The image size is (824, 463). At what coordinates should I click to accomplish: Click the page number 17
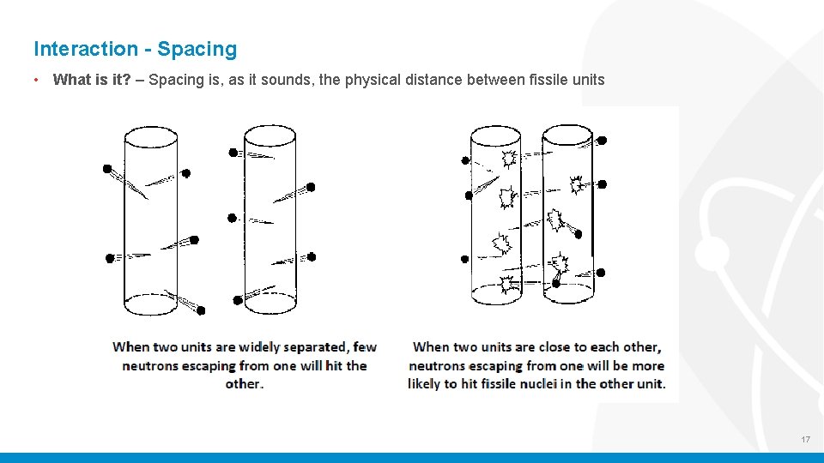coord(805,440)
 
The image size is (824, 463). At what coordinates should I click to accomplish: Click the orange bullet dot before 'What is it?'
coord(37,81)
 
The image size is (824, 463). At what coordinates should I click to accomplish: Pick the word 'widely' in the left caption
coord(263,347)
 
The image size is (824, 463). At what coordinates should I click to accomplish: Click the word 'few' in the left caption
coord(365,347)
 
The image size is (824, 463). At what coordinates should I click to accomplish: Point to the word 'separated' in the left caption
coord(317,347)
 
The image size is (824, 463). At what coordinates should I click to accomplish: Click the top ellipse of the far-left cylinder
coord(151,137)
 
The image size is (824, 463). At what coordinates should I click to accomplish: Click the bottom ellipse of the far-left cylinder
coord(151,300)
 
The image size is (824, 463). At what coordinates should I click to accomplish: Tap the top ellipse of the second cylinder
coord(270,135)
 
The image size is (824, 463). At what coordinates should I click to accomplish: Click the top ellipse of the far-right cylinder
coord(567,135)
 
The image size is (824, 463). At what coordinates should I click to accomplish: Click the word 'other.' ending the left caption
coord(245,383)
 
